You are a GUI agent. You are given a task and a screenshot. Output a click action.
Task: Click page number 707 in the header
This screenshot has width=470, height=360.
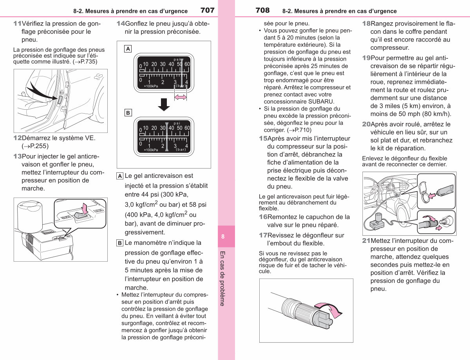click(x=208, y=10)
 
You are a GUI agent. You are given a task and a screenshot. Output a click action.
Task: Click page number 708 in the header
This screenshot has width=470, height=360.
click(x=262, y=10)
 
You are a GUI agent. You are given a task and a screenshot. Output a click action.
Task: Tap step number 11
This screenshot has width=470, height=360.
click(x=17, y=24)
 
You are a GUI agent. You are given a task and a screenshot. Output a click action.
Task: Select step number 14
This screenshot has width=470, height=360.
click(x=121, y=24)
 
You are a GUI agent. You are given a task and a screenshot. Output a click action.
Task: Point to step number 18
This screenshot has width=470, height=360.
click(x=366, y=24)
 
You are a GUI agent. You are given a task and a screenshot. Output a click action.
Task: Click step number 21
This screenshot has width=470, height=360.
click(x=366, y=241)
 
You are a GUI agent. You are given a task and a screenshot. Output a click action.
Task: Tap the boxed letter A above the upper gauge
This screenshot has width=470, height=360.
click(x=128, y=49)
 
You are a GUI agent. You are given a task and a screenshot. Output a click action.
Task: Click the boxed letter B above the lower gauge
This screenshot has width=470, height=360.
click(x=128, y=113)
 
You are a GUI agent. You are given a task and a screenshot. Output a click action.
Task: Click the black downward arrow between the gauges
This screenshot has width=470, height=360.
click(x=164, y=105)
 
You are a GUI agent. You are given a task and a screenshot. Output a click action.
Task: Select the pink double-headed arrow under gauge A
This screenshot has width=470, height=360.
click(x=181, y=97)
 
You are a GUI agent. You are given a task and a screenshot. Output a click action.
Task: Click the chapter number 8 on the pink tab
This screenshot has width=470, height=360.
click(x=223, y=236)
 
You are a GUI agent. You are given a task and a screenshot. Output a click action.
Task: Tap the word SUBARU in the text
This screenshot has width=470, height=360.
click(x=321, y=101)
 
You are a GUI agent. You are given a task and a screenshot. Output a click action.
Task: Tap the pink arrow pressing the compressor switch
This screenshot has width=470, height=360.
click(x=85, y=208)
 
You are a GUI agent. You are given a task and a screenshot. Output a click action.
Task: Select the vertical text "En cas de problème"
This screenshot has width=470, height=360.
click(x=222, y=279)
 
